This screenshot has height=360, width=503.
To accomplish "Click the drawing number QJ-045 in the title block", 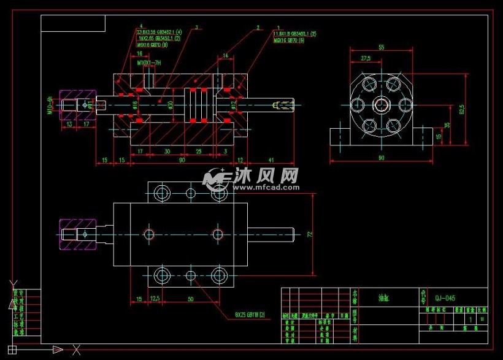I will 445,299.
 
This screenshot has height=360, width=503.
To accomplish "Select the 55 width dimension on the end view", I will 381,47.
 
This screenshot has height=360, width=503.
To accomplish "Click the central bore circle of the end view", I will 380,104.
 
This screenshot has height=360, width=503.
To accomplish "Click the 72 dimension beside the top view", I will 309,234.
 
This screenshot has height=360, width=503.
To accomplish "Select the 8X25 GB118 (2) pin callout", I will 249,315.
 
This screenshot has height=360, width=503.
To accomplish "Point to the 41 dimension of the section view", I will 271,160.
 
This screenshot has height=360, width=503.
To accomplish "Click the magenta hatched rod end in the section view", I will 77,105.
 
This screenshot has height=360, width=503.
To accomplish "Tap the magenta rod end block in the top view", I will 77,234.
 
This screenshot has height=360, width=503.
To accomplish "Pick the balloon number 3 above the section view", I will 196,27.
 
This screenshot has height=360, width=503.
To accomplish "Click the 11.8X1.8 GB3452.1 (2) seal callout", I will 294,33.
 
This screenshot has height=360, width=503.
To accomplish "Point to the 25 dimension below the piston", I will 198,151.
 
